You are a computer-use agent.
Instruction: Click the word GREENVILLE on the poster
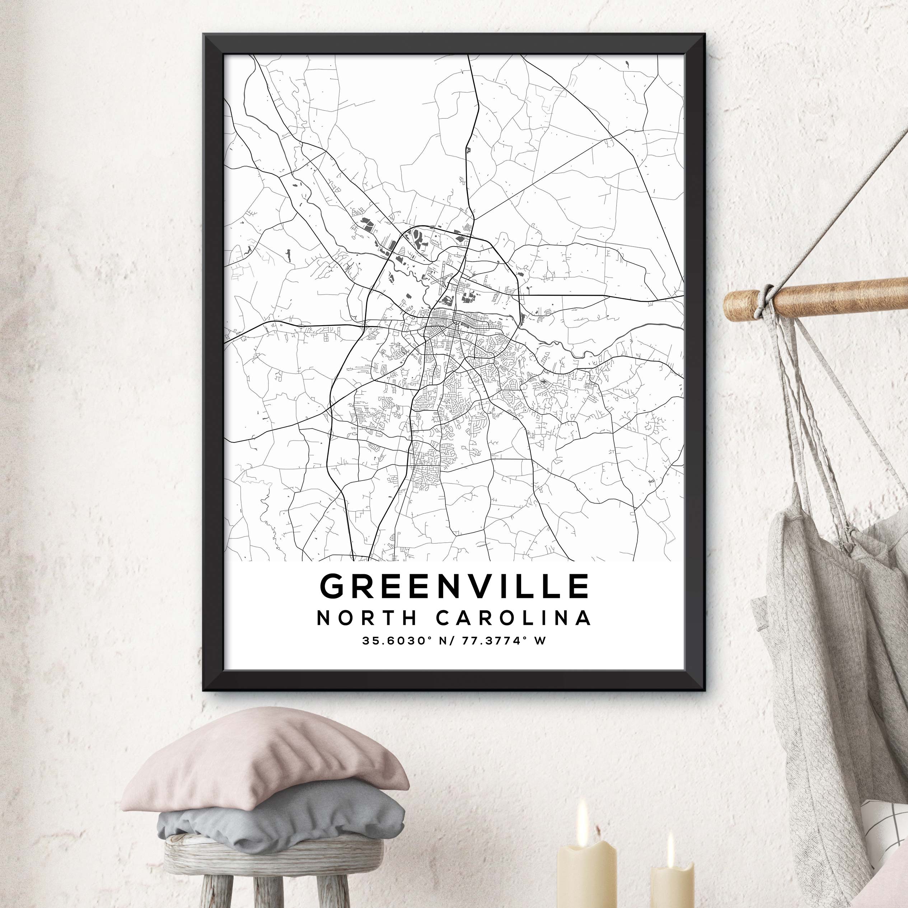[x=454, y=586]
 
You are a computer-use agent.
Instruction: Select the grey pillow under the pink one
[x=282, y=806]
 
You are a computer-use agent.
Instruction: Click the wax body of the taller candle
[x=586, y=874]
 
